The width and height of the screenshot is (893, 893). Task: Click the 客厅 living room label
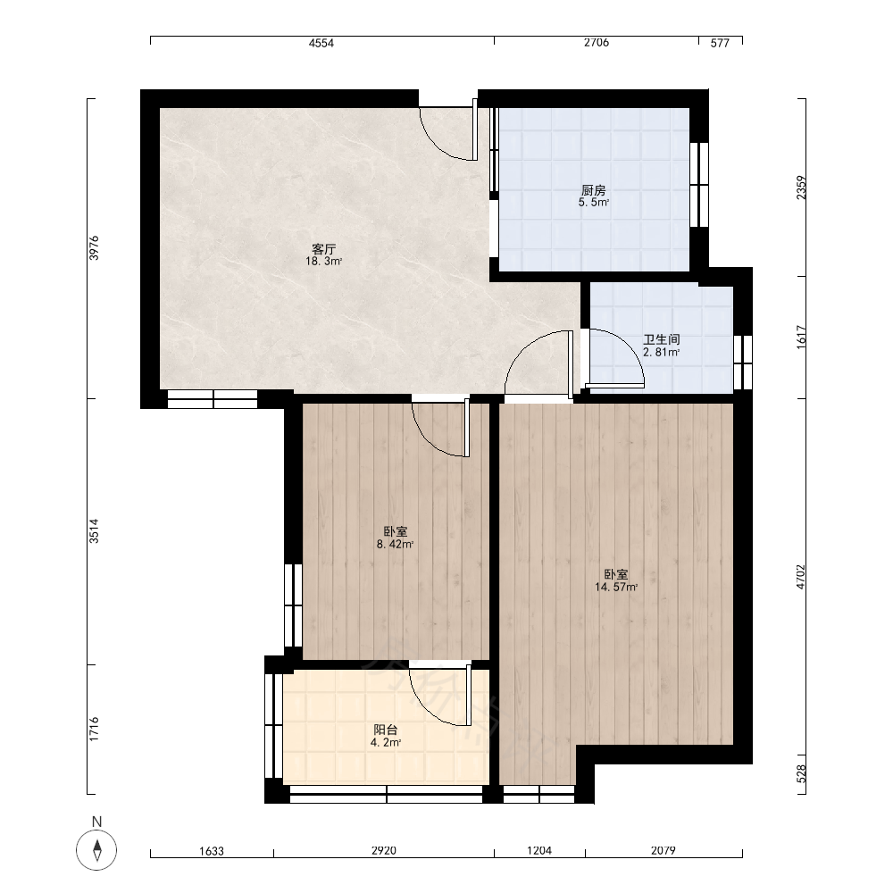324,249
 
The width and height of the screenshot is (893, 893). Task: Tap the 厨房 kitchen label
594,190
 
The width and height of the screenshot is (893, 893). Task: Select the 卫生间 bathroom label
661,339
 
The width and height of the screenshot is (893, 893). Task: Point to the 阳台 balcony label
386,730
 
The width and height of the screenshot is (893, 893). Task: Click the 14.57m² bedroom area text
616,588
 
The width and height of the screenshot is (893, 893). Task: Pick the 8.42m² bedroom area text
395,545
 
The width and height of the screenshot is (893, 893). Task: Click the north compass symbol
96,850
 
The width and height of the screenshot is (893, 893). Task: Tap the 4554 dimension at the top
321,43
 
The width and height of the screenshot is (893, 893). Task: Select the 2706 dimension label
597,43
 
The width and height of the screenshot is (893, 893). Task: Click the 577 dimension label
720,43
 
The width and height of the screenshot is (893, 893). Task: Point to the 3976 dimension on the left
94,248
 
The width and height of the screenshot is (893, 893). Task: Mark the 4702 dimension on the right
801,576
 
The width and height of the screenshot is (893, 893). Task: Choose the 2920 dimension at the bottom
384,851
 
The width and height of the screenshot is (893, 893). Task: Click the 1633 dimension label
212,851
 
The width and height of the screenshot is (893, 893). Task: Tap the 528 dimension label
801,773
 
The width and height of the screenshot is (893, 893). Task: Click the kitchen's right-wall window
699,185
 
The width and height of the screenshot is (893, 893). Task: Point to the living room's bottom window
213,399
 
